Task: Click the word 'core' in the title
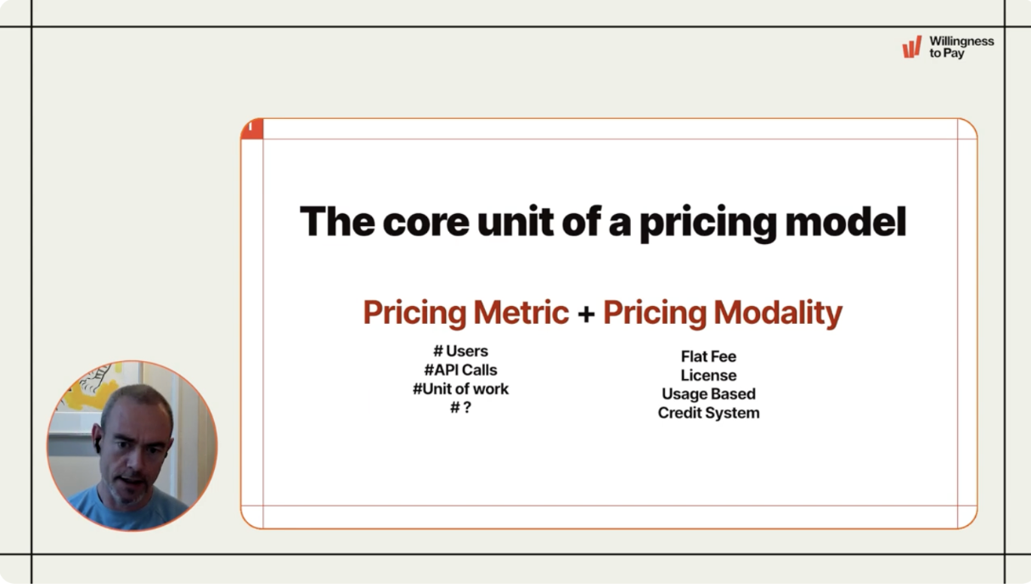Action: click(x=425, y=223)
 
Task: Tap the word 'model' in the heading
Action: click(x=846, y=222)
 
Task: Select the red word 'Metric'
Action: click(x=521, y=312)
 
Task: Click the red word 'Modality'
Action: click(x=778, y=313)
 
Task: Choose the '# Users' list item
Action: click(x=460, y=351)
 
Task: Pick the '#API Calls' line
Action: click(x=460, y=370)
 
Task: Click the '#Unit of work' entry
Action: click(x=460, y=388)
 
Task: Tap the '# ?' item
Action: click(x=460, y=407)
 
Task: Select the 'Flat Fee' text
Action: click(x=708, y=356)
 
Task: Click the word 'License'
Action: click(x=708, y=376)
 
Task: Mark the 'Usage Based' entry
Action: click(x=708, y=394)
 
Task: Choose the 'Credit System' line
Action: click(x=708, y=413)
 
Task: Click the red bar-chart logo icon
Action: click(x=912, y=47)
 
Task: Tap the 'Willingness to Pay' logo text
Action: click(x=961, y=47)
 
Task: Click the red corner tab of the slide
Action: click(x=252, y=128)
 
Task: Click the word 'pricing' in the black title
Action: click(x=708, y=223)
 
